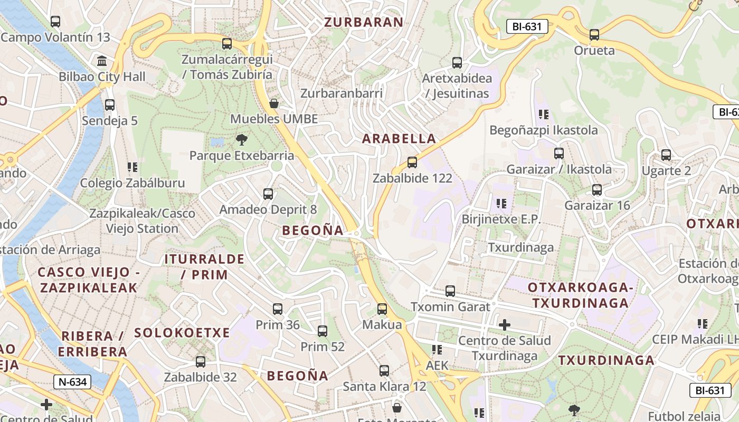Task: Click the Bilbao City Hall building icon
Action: coord(102,61)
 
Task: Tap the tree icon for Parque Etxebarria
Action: coord(242,140)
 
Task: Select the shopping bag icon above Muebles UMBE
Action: coord(274,103)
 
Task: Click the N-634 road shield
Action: coord(72,382)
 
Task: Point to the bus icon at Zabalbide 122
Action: coord(412,162)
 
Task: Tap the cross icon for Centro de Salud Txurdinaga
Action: coord(505,324)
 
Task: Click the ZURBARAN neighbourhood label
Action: coord(364,22)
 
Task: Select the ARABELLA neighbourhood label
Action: coord(399,139)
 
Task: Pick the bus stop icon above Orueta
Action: coord(594,35)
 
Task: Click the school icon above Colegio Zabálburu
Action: coord(132,167)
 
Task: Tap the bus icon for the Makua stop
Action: coord(382,309)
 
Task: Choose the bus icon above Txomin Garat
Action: coord(450,291)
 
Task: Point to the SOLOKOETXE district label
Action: coord(182,333)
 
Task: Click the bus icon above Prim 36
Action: coord(278,309)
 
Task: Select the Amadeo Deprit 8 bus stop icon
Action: coord(268,194)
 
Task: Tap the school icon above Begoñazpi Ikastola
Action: coord(544,114)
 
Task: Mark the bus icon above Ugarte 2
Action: coord(666,155)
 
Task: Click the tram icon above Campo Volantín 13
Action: coord(55,22)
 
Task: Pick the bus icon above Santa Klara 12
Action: coord(384,371)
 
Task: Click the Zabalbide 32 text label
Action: coord(200,377)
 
